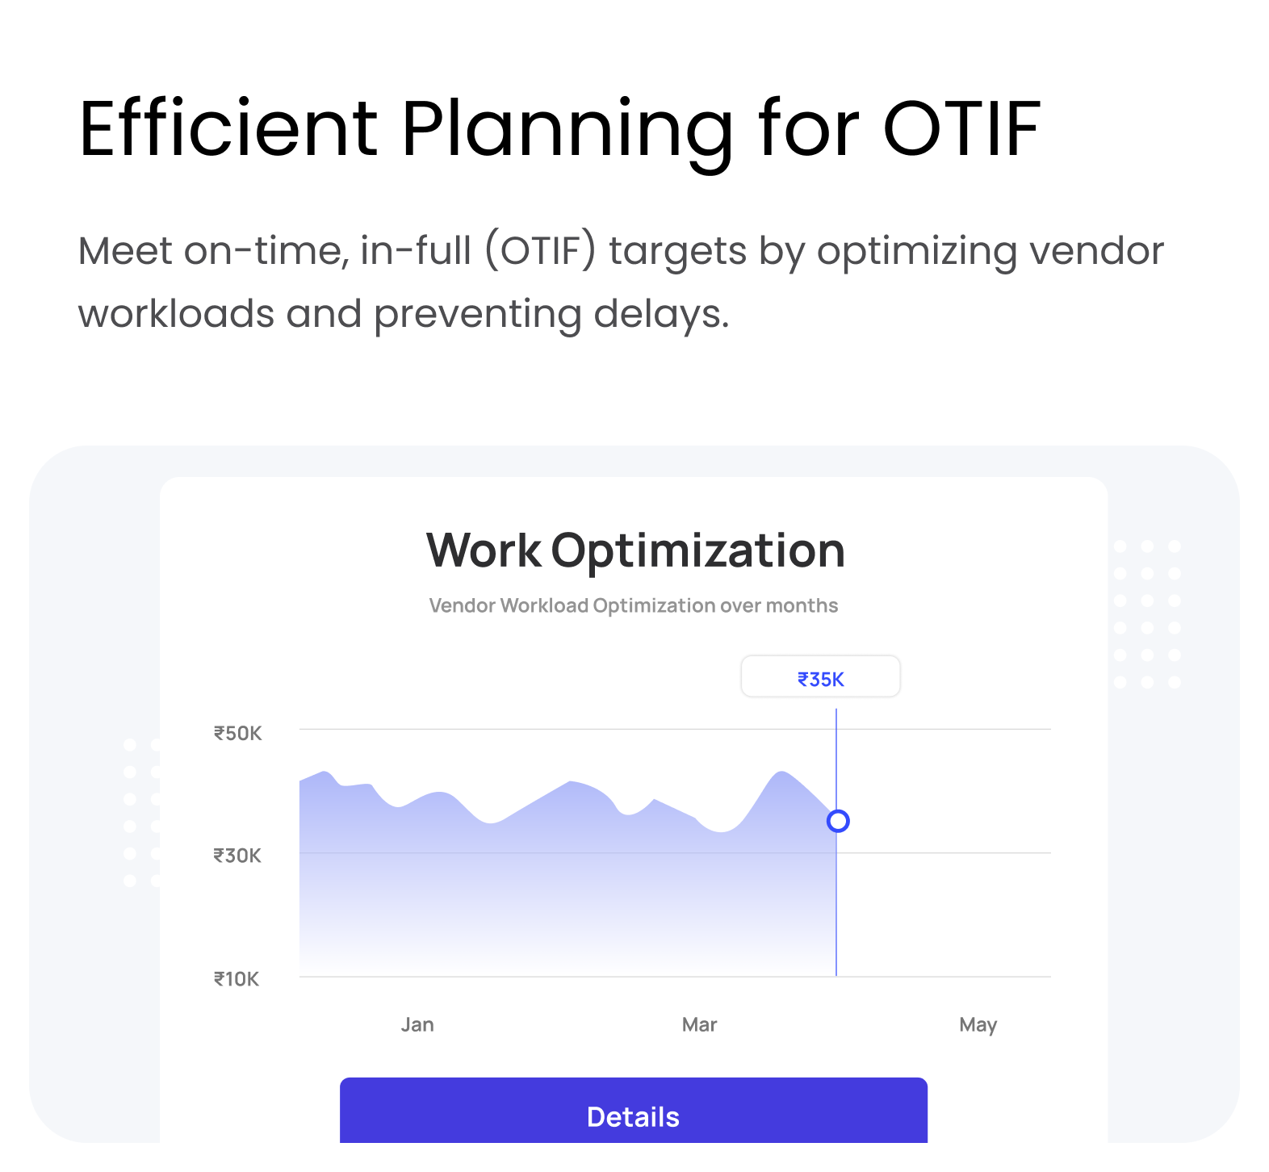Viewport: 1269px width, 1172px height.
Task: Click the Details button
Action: (634, 1111)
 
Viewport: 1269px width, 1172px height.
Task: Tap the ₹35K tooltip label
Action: (821, 679)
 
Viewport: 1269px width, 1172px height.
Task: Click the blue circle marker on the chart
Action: (838, 821)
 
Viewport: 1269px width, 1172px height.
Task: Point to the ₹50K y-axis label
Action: (237, 733)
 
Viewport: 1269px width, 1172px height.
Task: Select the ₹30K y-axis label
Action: (237, 855)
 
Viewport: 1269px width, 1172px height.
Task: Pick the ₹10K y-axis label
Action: (237, 979)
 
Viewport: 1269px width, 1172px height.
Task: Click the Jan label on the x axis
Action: (417, 1024)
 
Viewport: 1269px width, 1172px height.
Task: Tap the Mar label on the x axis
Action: (699, 1024)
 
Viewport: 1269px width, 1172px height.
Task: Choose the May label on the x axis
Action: (978, 1025)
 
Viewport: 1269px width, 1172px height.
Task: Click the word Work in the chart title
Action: (484, 550)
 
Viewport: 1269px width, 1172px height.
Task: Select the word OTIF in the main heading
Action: (961, 128)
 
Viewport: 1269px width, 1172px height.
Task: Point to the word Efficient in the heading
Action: (228, 128)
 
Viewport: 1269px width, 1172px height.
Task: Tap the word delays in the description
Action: (661, 314)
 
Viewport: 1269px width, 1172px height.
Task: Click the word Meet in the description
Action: (125, 250)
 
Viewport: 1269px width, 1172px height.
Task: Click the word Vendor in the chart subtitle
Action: (462, 605)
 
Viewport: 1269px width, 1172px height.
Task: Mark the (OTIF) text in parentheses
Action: (540, 251)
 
